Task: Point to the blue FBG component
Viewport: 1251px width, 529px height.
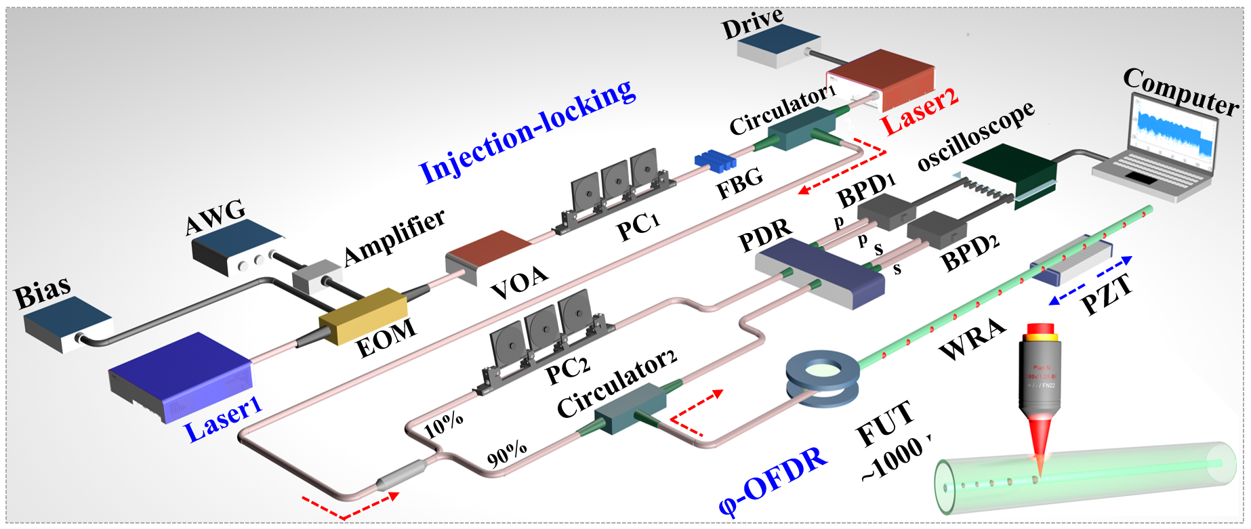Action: (x=715, y=161)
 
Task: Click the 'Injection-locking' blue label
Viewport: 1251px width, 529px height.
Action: (x=527, y=132)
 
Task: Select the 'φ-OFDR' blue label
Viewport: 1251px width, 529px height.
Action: (x=773, y=482)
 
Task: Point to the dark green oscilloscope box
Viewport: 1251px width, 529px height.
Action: (x=1010, y=169)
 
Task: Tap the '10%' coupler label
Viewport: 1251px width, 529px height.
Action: (x=444, y=424)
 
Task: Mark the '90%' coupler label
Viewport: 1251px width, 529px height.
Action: (x=507, y=454)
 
